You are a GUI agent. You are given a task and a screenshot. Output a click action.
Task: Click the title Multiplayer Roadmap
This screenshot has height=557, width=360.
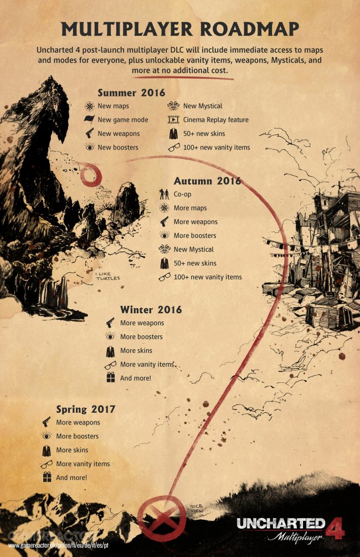coord(180,29)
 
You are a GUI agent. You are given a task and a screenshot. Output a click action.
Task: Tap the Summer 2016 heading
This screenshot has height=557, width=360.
coord(131,92)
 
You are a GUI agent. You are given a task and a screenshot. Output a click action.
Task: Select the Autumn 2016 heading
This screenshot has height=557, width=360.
coord(207,181)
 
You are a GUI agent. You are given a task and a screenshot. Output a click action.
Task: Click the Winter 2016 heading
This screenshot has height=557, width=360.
coord(151,309)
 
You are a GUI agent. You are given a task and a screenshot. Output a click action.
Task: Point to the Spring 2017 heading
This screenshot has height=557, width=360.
coord(86,409)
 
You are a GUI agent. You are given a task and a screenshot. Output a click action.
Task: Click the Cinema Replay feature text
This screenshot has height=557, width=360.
coord(215,120)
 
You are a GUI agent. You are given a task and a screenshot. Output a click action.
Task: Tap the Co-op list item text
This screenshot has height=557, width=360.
coord(182,195)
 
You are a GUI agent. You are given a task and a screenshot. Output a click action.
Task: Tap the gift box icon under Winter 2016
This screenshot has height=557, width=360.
coord(110,378)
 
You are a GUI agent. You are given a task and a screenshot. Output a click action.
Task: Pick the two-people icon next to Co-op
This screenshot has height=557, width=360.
coord(164,195)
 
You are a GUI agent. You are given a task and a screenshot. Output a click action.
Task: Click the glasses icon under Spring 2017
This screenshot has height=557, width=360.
coord(47,464)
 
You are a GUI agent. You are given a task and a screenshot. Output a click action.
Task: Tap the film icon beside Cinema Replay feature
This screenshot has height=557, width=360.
coord(173,120)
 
